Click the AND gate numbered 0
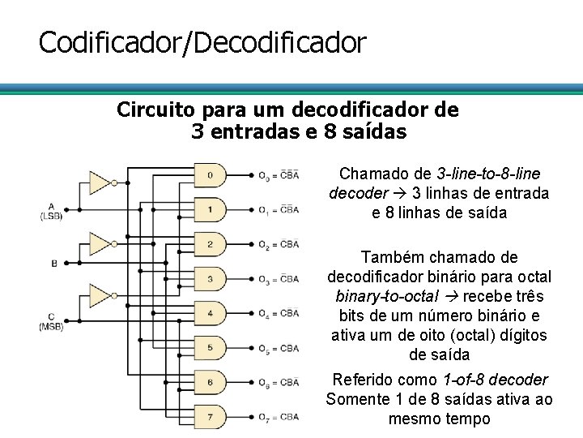(x=210, y=175)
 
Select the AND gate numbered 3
(x=210, y=279)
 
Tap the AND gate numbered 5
(x=210, y=348)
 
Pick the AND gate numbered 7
(x=210, y=417)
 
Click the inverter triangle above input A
(x=100, y=182)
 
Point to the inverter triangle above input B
(x=100, y=243)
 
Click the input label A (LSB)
(x=51, y=211)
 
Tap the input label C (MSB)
(x=51, y=321)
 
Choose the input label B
(x=54, y=263)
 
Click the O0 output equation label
(x=278, y=175)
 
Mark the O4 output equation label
(x=278, y=314)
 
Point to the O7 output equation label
(x=278, y=417)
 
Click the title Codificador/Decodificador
(x=202, y=42)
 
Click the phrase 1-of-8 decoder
(x=496, y=380)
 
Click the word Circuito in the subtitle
(x=155, y=109)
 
